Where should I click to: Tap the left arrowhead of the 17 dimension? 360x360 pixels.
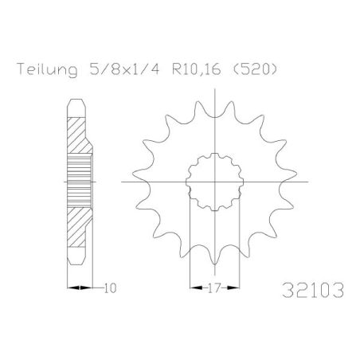(x=191, y=285)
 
